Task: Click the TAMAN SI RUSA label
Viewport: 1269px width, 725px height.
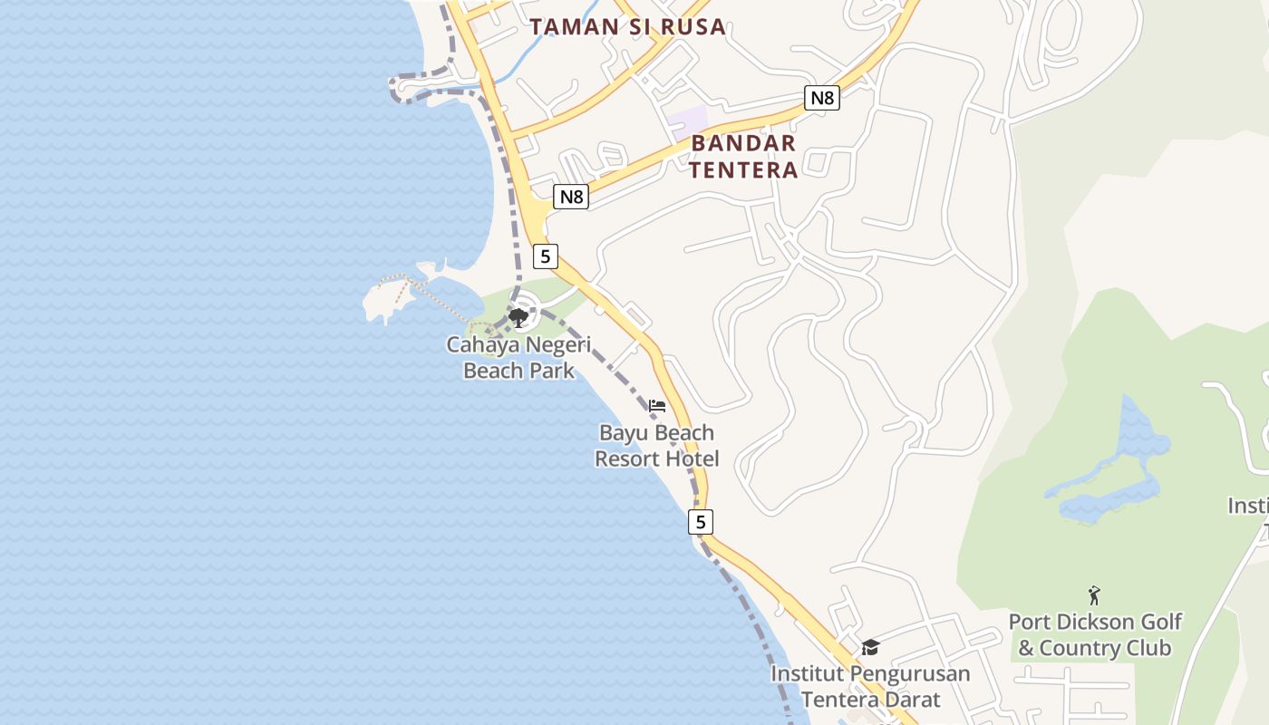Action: coord(627,26)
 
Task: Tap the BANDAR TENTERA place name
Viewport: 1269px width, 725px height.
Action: coord(743,156)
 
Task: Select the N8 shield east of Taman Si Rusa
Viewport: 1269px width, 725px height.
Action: coord(821,97)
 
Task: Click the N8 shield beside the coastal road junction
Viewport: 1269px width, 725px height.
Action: coord(571,197)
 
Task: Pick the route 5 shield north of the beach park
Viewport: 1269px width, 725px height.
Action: coord(545,256)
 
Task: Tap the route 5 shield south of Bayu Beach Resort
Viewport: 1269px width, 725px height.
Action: coord(700,522)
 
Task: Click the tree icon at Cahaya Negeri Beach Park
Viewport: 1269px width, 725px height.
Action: coord(518,317)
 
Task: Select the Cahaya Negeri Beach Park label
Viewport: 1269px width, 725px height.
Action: coord(518,357)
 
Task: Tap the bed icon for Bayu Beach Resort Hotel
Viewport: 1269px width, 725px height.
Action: coord(657,405)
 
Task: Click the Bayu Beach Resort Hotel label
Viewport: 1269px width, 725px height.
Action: coord(657,446)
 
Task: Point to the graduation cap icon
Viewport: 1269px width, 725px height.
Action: coord(870,647)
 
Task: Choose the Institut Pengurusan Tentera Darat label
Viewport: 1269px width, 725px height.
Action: coord(870,686)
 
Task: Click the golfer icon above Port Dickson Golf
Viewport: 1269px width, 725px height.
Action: coord(1094,595)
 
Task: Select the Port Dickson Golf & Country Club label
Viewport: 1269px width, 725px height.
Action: coord(1095,634)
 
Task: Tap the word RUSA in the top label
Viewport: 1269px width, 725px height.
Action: coord(693,26)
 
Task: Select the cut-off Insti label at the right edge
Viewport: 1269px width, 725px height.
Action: coord(1248,505)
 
